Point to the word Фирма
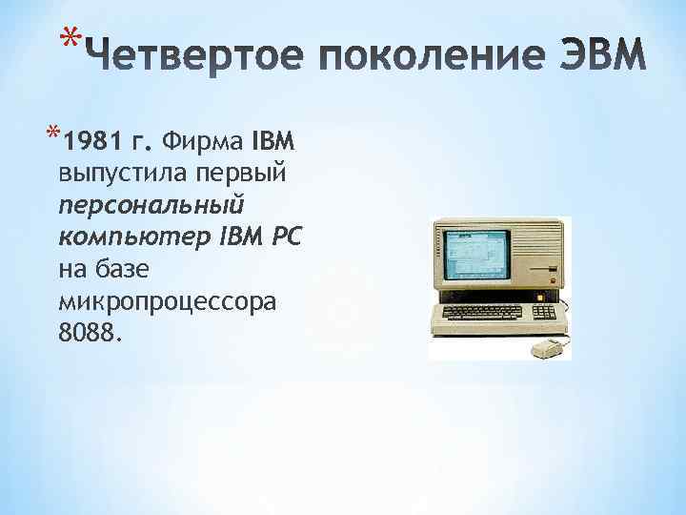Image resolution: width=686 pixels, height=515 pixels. click(x=203, y=143)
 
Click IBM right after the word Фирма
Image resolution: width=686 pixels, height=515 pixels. click(x=274, y=143)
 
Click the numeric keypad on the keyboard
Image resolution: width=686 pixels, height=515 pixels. click(x=545, y=312)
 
